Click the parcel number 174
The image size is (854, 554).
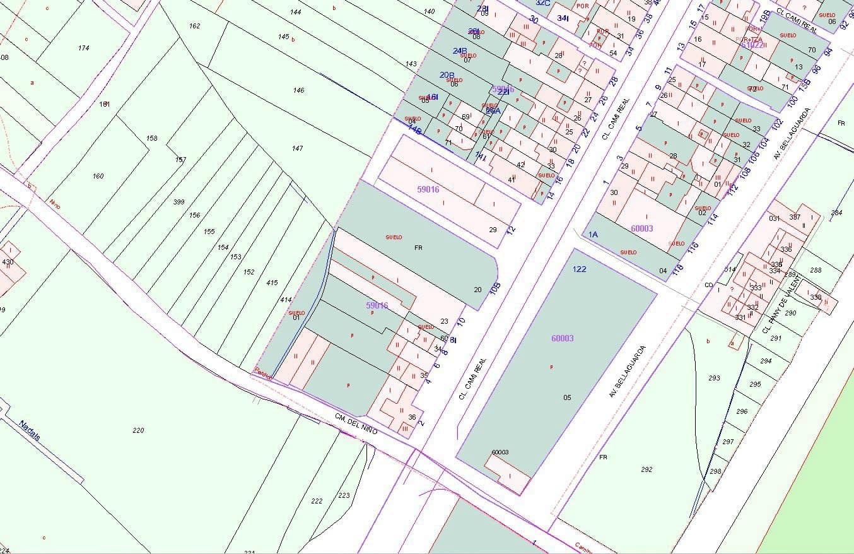coord(83,48)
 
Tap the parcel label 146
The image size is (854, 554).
coord(298,90)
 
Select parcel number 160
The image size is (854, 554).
coord(98,176)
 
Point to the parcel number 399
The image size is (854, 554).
coord(178,202)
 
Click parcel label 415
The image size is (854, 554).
coord(272,283)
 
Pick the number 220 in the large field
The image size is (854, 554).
coord(138,430)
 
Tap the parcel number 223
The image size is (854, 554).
coord(344,495)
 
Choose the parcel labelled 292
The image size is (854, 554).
coord(646,469)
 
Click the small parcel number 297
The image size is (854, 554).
coord(728,442)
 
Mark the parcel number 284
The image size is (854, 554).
coord(836,213)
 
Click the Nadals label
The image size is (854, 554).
coord(30,432)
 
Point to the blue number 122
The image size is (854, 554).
coord(580,269)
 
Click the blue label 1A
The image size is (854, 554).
coord(593,234)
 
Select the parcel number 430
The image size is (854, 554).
coord(8,262)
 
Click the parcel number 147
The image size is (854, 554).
coord(298,148)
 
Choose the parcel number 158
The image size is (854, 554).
coord(151,138)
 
